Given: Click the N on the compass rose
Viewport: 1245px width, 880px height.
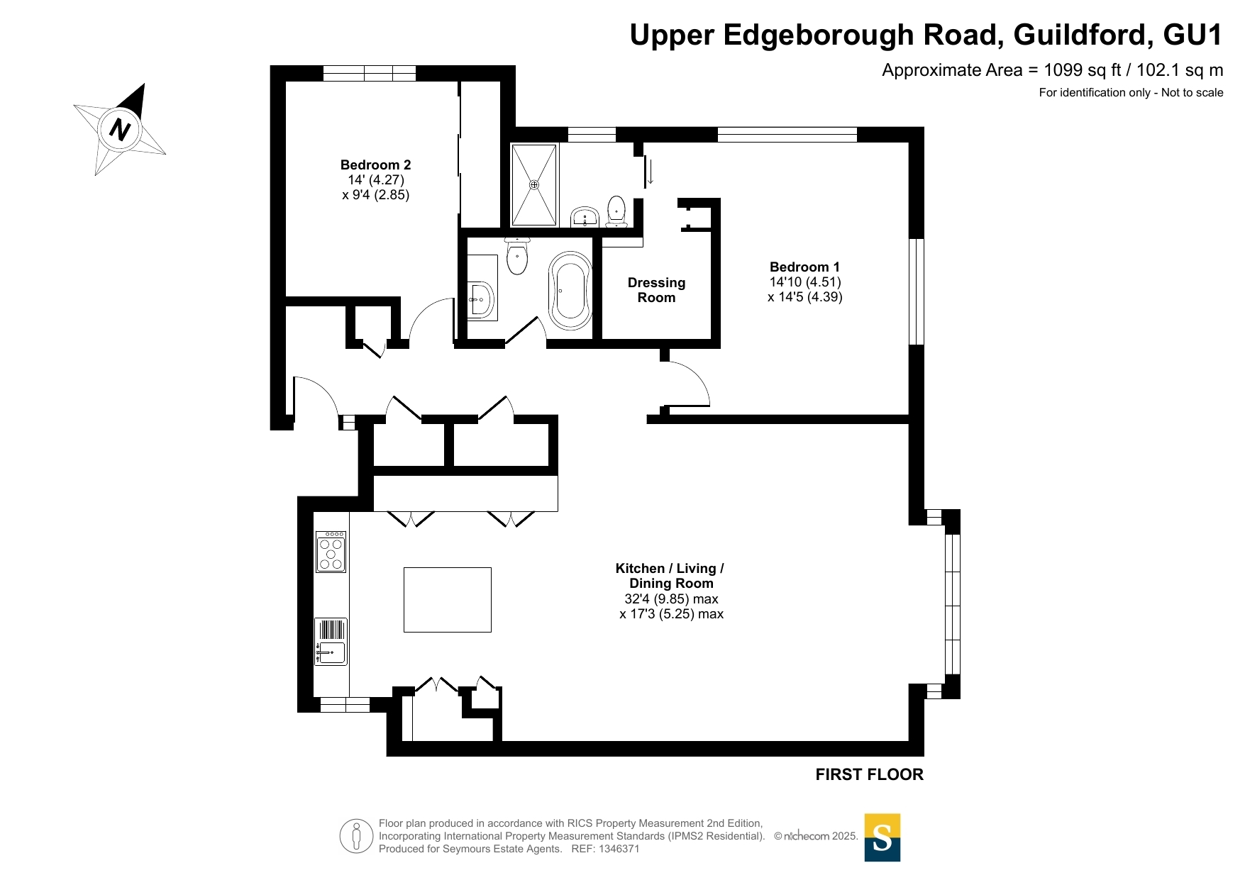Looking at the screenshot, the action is tap(121, 130).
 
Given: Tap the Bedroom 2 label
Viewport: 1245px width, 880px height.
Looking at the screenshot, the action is tap(375, 165).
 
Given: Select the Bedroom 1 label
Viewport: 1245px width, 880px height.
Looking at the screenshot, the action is tap(804, 267).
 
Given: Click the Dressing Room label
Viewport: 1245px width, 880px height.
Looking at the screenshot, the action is tap(656, 290).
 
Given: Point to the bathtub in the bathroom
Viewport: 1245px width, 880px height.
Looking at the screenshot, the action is tap(570, 290).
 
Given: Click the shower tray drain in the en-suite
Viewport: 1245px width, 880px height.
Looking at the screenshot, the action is tap(534, 185).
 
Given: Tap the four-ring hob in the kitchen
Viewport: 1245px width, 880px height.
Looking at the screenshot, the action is tap(331, 551).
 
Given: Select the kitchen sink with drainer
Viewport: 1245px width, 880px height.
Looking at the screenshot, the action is tap(331, 641).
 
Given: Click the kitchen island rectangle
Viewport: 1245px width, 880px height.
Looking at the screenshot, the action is tap(448, 599).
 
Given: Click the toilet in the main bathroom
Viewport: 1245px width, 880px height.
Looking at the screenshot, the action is tap(517, 256).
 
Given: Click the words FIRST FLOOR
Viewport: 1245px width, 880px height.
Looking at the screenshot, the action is tap(869, 774).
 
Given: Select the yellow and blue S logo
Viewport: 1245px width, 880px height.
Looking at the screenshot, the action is tap(882, 837).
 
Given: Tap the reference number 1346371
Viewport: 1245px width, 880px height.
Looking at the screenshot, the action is tap(619, 849).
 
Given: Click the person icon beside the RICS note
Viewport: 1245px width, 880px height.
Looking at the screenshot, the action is tap(356, 835).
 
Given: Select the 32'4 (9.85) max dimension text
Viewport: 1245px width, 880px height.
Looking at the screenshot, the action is tap(671, 598).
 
